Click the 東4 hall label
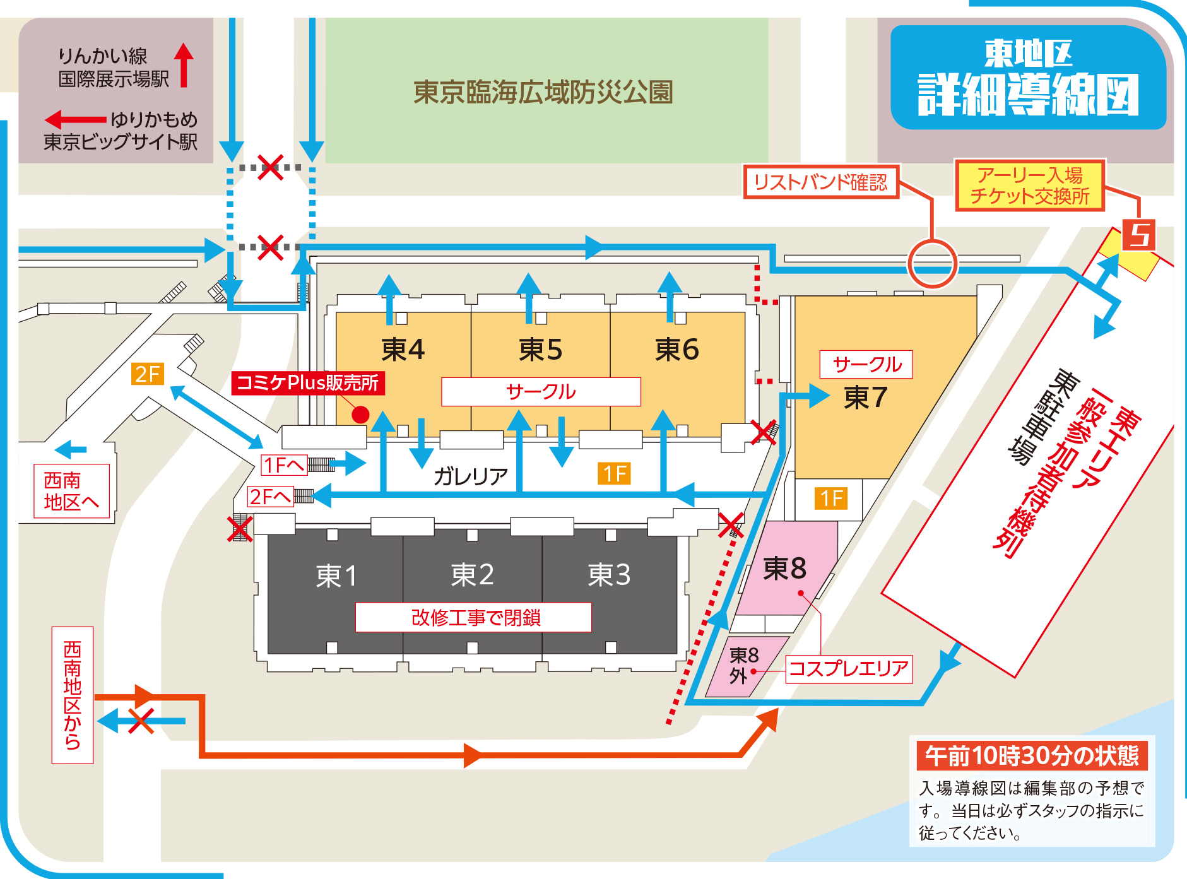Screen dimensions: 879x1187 click(403, 349)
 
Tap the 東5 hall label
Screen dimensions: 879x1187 click(540, 349)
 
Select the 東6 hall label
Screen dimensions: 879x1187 click(676, 349)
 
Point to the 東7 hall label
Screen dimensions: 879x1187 click(865, 398)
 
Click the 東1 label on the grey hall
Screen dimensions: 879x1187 click(336, 575)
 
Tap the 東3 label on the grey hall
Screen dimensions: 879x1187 click(609, 574)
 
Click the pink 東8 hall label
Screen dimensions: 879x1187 click(784, 569)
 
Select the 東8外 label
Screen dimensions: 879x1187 click(743, 665)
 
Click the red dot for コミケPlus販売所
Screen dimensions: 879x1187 click(360, 415)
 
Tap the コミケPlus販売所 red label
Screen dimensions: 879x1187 click(307, 383)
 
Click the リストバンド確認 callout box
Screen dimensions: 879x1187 click(820, 182)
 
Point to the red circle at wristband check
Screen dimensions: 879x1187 click(932, 264)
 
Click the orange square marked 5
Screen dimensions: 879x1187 click(1138, 235)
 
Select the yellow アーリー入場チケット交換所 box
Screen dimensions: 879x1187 click(1029, 185)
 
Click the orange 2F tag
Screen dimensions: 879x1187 click(148, 374)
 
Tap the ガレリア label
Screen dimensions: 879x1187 click(470, 476)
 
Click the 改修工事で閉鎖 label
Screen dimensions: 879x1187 click(475, 617)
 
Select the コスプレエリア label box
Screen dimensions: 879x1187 click(848, 669)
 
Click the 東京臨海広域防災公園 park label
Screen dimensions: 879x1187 click(543, 92)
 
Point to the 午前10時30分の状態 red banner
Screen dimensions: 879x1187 click(1031, 755)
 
